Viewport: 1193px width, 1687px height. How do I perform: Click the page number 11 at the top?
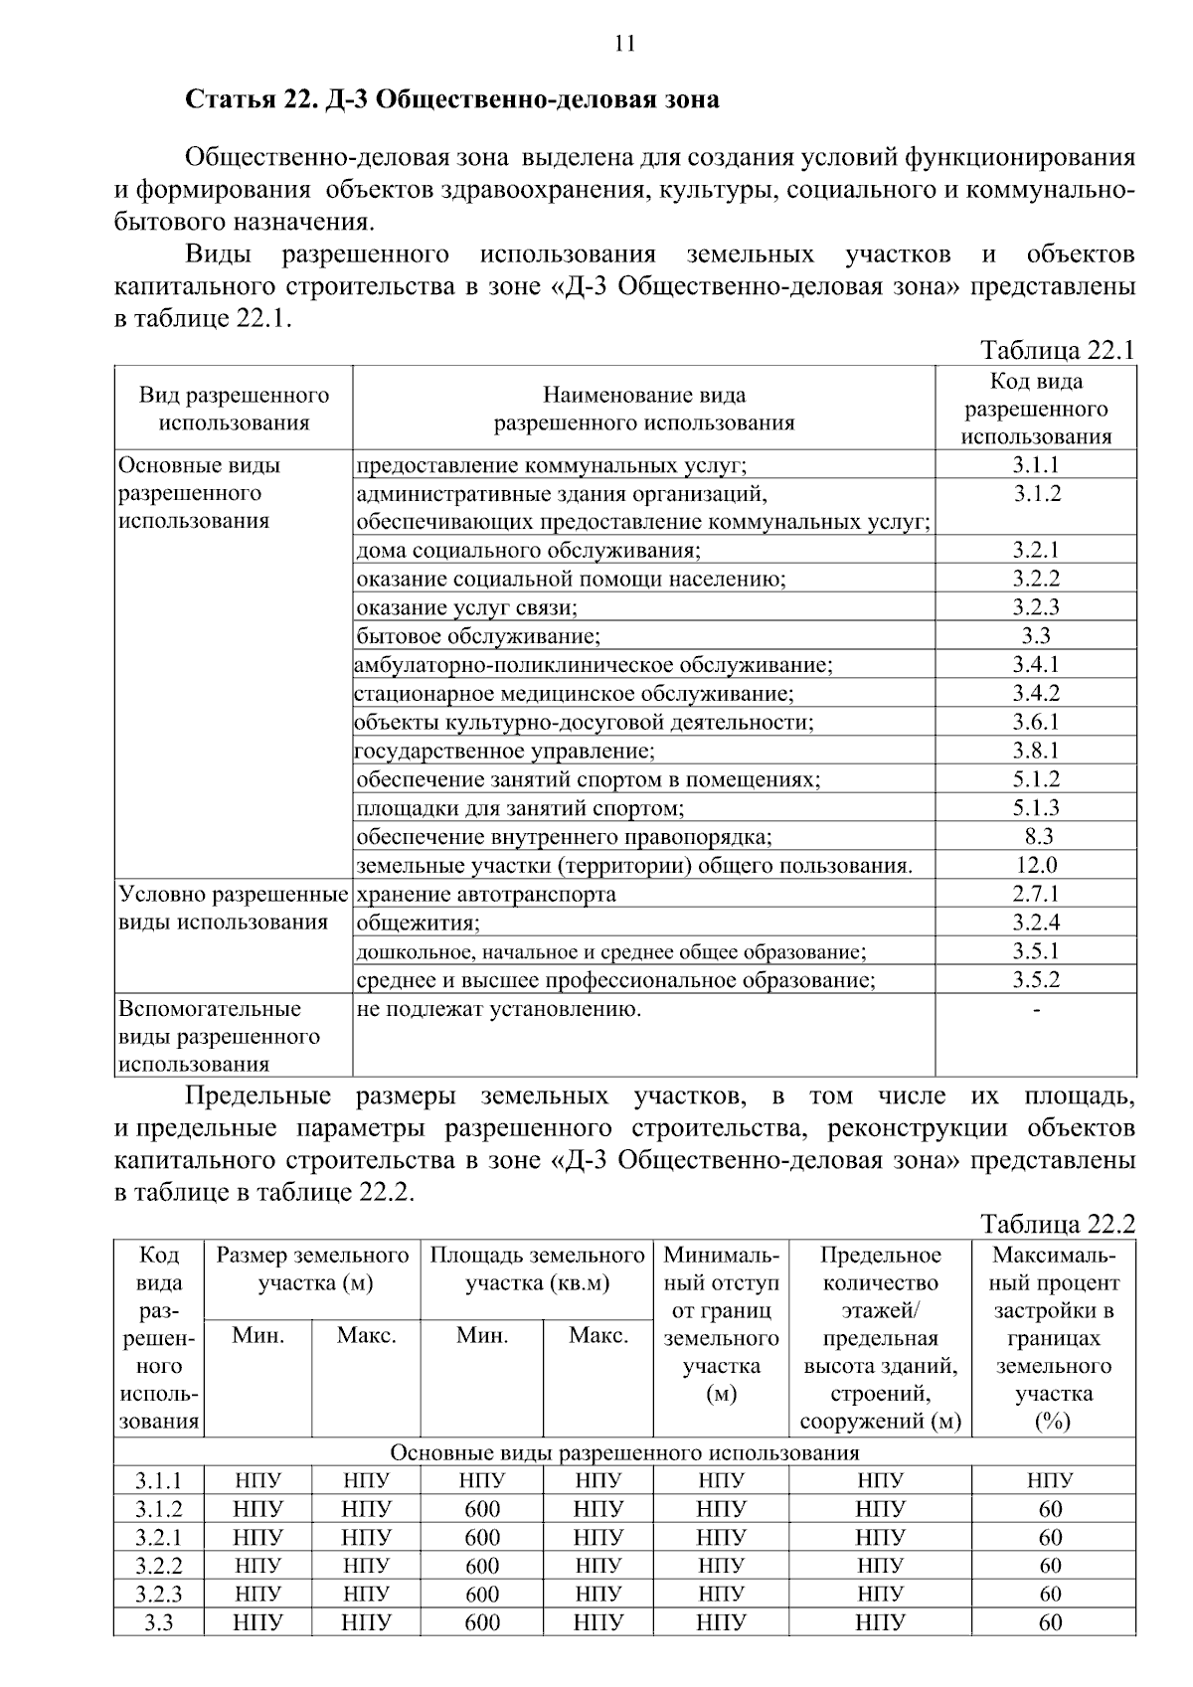624,43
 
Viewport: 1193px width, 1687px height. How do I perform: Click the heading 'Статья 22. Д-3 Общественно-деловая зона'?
452,100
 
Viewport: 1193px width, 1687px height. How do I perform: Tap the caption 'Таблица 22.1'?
1057,350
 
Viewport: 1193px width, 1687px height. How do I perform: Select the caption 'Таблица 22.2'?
1057,1223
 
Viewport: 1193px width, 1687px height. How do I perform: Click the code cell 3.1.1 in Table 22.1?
1036,465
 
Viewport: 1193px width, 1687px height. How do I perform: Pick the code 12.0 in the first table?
1036,865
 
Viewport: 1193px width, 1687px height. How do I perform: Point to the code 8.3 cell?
1037,836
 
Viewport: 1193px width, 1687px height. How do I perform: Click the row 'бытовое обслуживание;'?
478,636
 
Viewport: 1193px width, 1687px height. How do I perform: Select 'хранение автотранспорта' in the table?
486,894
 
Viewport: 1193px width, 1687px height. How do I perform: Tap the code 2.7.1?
1036,894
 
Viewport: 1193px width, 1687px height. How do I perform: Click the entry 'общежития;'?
418,923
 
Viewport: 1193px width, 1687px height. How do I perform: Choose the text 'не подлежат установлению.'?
498,1009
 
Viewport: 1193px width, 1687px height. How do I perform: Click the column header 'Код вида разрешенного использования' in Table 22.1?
1036,409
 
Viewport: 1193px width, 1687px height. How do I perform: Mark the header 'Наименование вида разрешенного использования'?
644,409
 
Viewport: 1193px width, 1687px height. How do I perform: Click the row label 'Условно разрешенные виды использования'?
233,908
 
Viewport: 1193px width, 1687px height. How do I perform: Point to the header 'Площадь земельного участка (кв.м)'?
537,1268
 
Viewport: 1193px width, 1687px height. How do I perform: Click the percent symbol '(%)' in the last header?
1052,1422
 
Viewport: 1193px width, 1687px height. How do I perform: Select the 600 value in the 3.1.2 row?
482,1509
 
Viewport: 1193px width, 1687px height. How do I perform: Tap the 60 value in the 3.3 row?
1051,1622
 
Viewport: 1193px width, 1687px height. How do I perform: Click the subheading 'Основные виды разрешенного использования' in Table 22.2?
624,1453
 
